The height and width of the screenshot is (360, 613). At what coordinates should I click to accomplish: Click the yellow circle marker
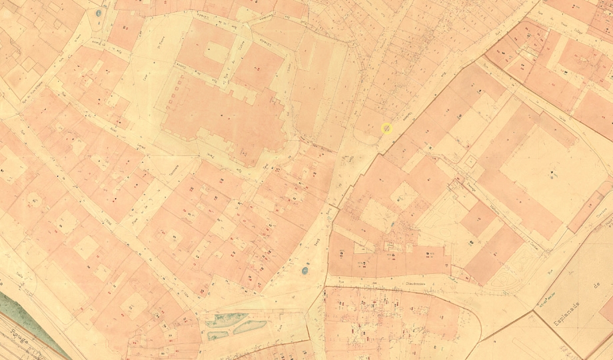tap(386, 128)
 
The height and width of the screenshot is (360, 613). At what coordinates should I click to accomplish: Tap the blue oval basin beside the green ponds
tap(305, 271)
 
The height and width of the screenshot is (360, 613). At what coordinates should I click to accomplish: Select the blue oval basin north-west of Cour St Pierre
tap(99, 13)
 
